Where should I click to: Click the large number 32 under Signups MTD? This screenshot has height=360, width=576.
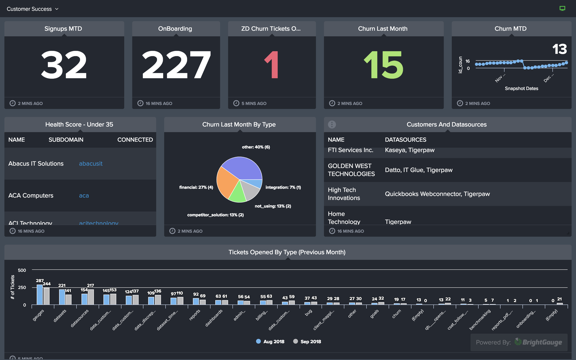point(64,66)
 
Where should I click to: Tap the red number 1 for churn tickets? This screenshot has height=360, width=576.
point(271,66)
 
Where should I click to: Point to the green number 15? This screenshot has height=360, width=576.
point(383,66)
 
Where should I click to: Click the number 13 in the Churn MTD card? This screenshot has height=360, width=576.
point(559,49)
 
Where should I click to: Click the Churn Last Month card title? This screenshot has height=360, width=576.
point(383,29)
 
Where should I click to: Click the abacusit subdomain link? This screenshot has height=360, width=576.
point(91,164)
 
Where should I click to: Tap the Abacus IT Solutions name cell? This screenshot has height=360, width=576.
point(36,164)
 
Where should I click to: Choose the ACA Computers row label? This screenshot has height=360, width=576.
point(31,196)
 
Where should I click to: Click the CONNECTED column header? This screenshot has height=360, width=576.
point(135,140)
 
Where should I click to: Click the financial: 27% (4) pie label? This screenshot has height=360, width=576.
point(196,187)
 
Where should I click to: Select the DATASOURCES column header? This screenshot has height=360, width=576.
point(405,140)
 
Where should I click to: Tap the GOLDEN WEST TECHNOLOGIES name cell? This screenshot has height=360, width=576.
point(350,170)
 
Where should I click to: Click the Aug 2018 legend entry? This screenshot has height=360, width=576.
point(272,341)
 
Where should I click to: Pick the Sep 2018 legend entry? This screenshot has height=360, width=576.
point(308,341)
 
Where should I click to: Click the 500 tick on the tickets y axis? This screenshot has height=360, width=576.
point(22,270)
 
